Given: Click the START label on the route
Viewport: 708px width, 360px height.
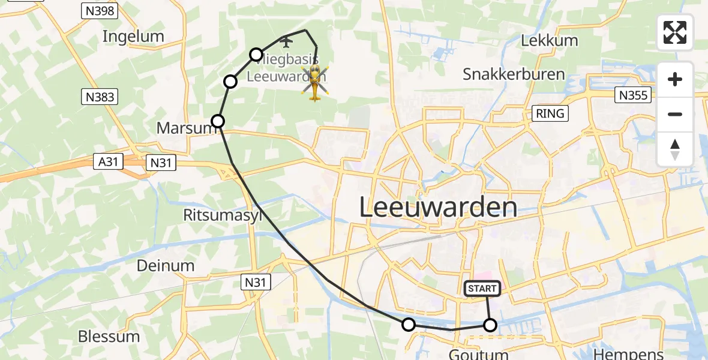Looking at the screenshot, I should pos(482,289).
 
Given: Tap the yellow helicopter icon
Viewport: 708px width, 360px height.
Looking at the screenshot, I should pos(314,83).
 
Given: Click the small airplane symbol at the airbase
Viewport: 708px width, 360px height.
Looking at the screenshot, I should pos(286,41).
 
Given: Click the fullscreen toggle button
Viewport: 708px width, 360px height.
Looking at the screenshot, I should pos(675,32).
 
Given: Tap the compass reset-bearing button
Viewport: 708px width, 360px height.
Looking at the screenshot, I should pos(675,149).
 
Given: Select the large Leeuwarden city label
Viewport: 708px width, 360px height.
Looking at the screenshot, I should pos(438,208).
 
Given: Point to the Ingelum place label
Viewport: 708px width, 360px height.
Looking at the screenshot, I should pos(133,36).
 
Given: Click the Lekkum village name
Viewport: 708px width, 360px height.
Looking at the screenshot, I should pos(549,40).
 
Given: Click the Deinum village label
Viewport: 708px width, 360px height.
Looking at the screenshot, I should pos(166,265).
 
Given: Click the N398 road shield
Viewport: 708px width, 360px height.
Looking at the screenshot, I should pos(100,10).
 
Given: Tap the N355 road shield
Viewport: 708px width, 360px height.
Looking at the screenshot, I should pos(634,95).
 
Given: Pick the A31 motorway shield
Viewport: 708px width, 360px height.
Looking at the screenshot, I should pos(109,161).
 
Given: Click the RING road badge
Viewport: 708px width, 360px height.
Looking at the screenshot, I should pos(551,113).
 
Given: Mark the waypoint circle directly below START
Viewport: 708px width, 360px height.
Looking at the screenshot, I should pos(490,325).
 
